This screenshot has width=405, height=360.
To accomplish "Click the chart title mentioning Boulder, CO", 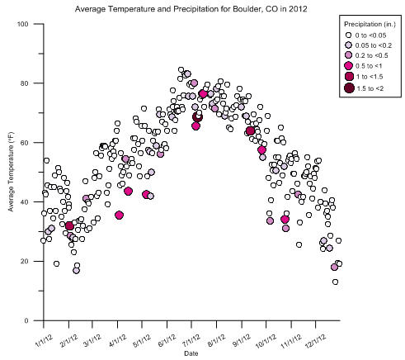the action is [191, 9].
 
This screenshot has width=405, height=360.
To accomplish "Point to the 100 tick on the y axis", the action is [23, 24].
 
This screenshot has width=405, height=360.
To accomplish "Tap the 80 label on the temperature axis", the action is [25, 83].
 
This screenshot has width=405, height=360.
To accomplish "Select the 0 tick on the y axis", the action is [26, 320].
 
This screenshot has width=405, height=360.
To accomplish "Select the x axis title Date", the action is [191, 353].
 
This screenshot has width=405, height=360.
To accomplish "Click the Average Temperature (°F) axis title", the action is [11, 172].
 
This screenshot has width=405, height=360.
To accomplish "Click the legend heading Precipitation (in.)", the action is [370, 24].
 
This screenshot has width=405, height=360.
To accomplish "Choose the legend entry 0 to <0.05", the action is [366, 36].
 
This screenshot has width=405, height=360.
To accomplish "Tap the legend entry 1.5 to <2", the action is [364, 88].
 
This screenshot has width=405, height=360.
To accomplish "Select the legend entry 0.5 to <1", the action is [364, 66].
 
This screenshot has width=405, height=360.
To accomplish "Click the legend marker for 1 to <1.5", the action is [349, 77].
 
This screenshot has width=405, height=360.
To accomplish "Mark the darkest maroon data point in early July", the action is [197, 117].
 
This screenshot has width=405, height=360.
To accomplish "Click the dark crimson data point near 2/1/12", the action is [69, 226].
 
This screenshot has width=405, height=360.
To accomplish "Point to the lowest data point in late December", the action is [335, 282].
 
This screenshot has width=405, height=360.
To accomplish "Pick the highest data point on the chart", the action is [181, 70].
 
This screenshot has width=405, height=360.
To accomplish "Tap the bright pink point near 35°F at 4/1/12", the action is [119, 216].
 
